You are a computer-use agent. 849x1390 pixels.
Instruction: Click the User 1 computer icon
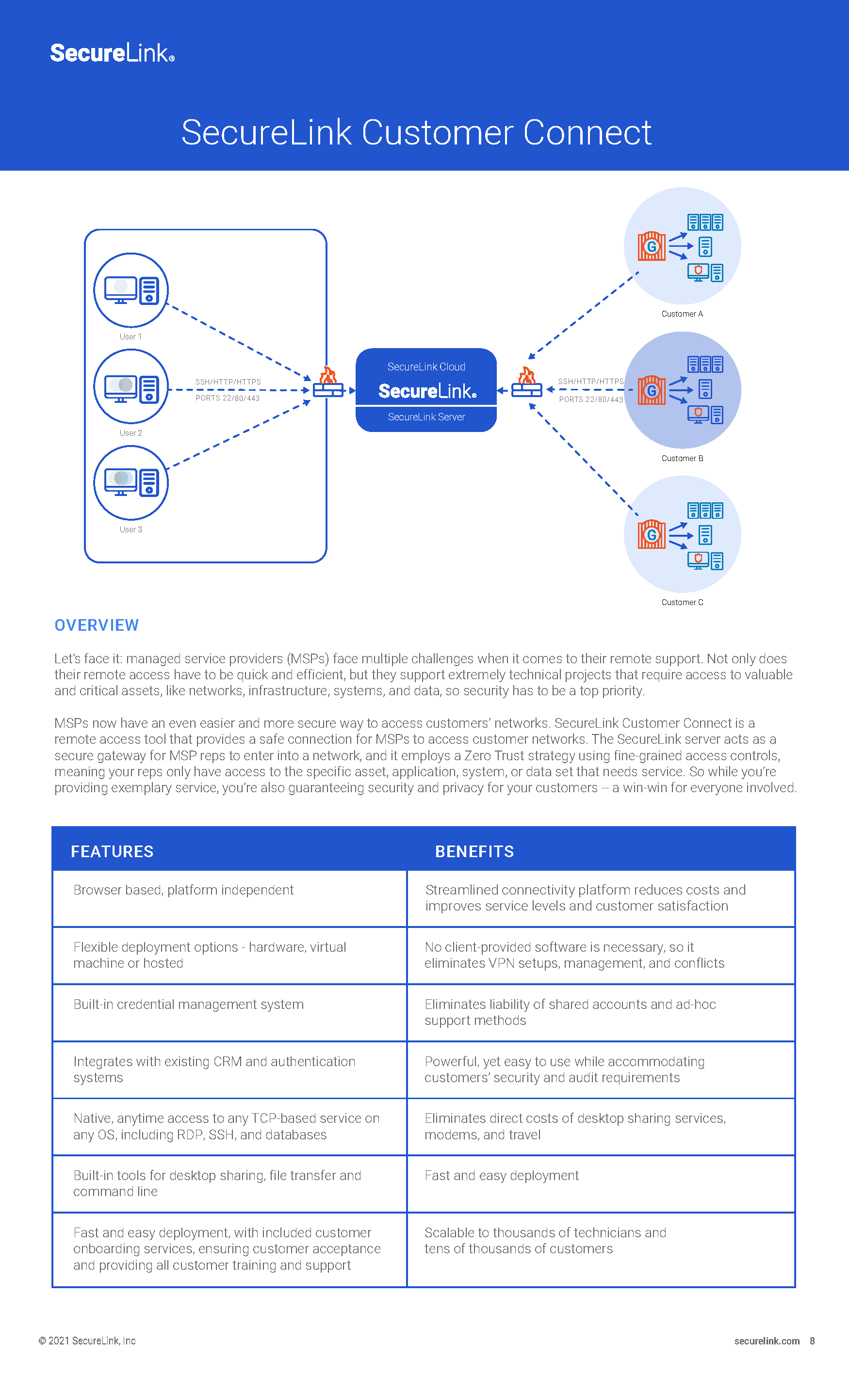coord(131,290)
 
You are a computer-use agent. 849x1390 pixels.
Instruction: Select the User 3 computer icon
coord(131,482)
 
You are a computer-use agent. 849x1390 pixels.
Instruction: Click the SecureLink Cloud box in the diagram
coord(426,390)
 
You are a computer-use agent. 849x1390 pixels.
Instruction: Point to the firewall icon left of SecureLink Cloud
coord(328,383)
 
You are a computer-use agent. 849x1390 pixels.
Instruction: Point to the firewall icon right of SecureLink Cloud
coord(527,383)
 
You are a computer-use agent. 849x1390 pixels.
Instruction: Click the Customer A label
coord(682,314)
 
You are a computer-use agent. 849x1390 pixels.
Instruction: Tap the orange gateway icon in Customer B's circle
coord(652,390)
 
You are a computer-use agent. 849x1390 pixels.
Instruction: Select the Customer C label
coord(682,602)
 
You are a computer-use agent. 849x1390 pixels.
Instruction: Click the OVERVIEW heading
coord(97,625)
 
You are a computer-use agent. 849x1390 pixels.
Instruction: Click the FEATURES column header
coord(112,851)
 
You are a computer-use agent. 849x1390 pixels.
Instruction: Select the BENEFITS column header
coord(474,851)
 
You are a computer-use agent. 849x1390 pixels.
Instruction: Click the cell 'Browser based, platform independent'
coord(183,890)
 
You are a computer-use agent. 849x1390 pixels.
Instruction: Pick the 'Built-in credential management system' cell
coord(189,1004)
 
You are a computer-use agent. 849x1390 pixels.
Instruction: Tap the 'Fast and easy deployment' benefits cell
coord(501,1175)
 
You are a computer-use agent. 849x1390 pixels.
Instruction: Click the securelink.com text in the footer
coord(767,1341)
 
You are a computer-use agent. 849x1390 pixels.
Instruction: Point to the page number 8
coord(812,1341)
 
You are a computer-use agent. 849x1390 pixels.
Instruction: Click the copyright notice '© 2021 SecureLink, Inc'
coord(87,1341)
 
